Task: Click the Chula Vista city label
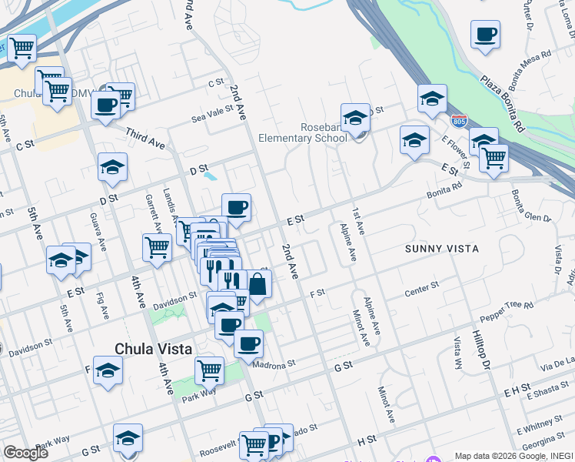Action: point(153,349)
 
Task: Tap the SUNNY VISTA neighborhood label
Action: point(442,249)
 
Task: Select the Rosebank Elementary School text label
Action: point(303,132)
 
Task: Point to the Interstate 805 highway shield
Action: point(459,121)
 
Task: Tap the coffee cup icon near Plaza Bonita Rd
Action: point(485,35)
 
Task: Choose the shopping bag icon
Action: point(258,285)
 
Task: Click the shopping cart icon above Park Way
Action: point(209,371)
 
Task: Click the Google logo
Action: point(25,452)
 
